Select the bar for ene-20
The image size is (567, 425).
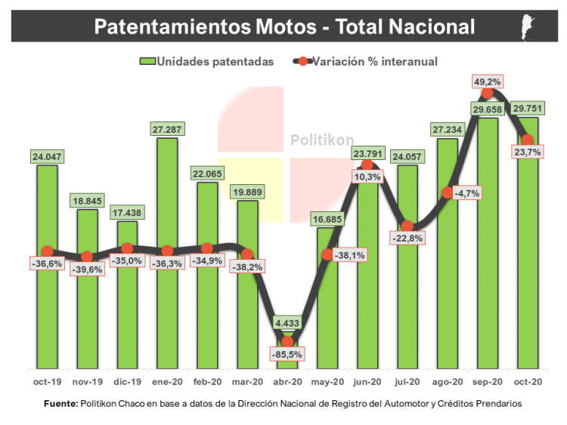[x=167, y=302]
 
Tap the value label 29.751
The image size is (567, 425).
[x=527, y=107]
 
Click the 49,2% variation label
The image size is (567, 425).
[x=488, y=81]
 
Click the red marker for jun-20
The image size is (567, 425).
[x=367, y=164]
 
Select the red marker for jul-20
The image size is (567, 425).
[x=407, y=226]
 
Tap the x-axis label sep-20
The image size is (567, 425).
[x=488, y=383]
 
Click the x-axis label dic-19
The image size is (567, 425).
[x=127, y=383]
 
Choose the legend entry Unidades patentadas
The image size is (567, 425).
[x=206, y=61]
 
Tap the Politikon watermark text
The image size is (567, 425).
[x=316, y=140]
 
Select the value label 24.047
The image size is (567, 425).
[x=47, y=157]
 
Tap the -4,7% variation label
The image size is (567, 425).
[x=466, y=192]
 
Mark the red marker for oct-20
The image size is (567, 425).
[x=528, y=140]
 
